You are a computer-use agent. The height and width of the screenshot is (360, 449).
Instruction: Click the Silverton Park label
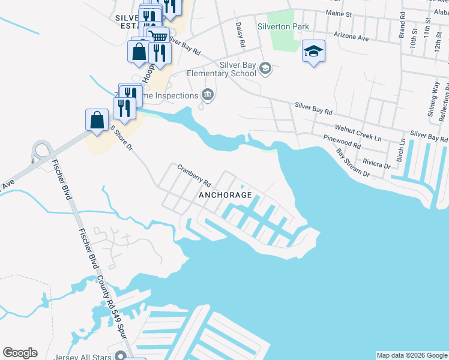tap(283, 26)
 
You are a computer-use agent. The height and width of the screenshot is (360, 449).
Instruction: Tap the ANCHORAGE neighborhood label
tap(225, 196)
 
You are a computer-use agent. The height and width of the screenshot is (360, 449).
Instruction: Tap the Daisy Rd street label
tap(241, 35)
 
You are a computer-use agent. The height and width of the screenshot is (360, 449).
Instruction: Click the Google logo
tap(20, 353)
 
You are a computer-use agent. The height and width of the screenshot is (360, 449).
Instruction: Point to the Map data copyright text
tap(411, 355)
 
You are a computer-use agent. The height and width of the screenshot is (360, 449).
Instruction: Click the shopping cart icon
tap(158, 35)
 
